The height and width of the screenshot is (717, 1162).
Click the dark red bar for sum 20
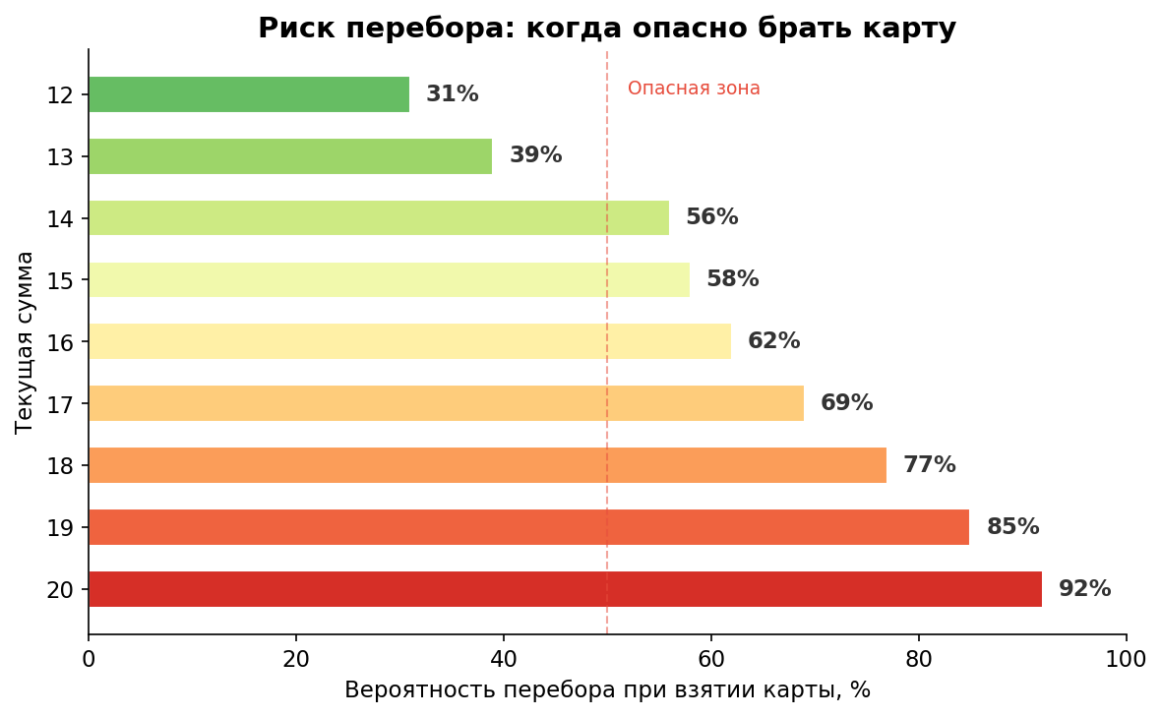565,589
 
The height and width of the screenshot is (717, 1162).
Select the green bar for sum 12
249,94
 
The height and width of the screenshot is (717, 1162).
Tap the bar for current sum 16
409,341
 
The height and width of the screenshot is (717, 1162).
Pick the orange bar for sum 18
487,465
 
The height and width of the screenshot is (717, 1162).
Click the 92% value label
1084,589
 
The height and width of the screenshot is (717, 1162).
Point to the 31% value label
452,94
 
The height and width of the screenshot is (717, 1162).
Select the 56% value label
711,217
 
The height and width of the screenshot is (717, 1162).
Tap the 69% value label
846,403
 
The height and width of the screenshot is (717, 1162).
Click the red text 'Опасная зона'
694,89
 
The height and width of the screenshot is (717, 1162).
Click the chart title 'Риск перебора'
606,29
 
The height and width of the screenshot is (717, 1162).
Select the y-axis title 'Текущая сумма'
26,341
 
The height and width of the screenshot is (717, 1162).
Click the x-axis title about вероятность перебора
607,690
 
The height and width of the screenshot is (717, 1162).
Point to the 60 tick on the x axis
710,659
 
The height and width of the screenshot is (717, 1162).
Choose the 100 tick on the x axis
1126,659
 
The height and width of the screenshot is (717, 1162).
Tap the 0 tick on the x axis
89,659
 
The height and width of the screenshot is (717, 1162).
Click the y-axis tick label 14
60,218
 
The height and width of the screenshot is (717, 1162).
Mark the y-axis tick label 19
60,528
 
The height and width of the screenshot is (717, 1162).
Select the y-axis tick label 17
60,404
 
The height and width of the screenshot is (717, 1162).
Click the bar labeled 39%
290,156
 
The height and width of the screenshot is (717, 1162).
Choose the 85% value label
1012,527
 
